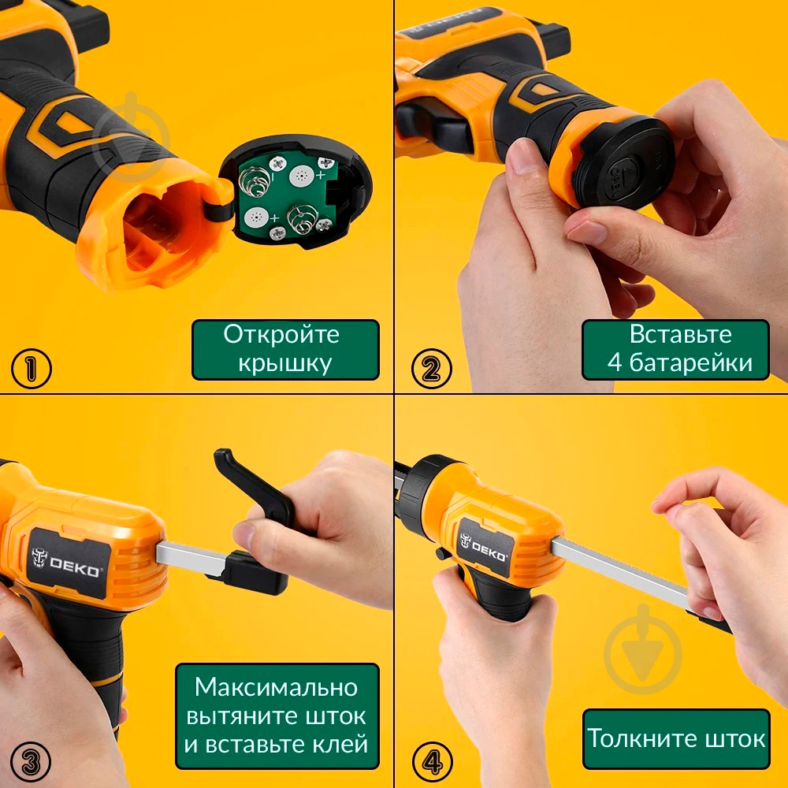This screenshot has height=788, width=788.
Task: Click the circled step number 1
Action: (32, 368)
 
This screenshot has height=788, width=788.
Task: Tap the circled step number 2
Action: (431, 368)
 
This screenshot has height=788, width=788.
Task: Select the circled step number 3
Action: (31, 762)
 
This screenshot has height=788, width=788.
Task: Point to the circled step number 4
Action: (432, 762)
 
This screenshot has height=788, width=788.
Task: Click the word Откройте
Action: (281, 335)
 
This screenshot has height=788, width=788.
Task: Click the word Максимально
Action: (276, 687)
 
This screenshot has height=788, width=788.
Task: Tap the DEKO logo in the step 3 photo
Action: (66, 563)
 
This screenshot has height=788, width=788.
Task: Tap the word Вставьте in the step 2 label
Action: (681, 335)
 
